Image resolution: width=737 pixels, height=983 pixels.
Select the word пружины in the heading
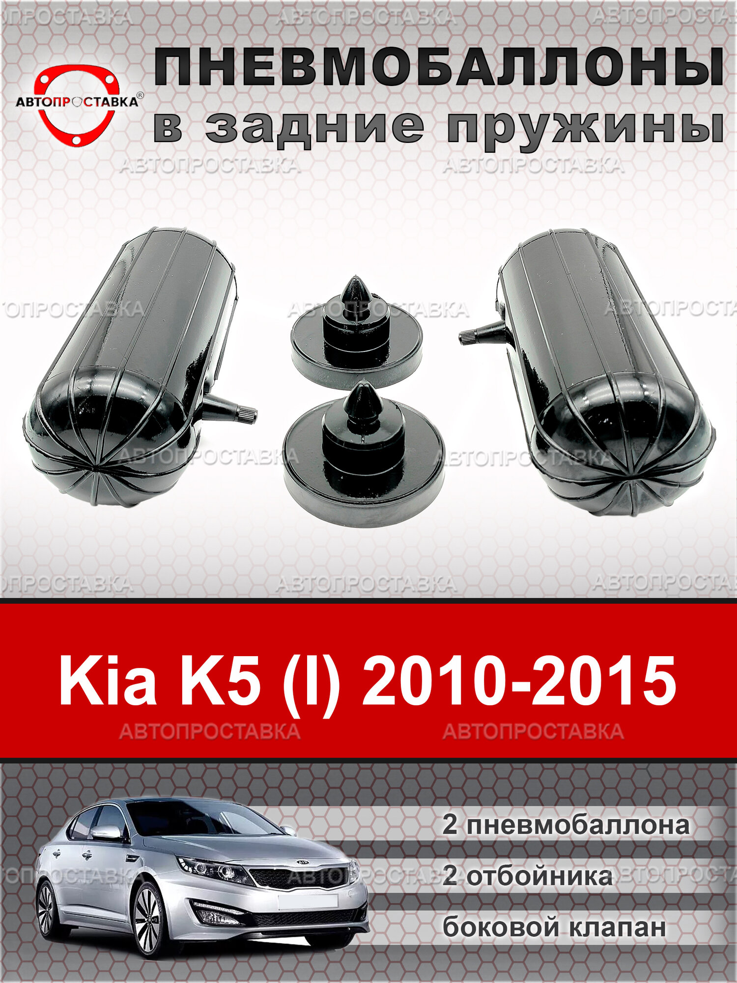(x=585, y=127)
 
